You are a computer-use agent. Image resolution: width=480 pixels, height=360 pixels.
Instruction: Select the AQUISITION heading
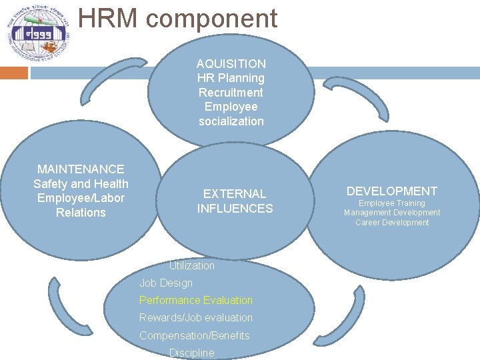231,64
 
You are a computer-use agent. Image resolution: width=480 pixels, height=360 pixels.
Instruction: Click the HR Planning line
231,78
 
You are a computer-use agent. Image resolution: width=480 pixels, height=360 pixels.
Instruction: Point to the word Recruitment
231,93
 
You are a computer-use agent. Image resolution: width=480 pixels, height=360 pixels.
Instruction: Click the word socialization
231,121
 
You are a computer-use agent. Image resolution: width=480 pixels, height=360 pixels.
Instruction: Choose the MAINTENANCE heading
81,169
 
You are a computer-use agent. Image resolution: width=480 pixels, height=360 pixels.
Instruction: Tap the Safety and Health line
81,183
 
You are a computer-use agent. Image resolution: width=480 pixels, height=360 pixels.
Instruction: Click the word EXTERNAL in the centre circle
235,194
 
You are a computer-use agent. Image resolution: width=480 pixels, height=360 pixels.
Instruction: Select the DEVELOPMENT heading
392,191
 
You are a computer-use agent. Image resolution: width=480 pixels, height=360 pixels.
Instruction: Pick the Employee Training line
392,203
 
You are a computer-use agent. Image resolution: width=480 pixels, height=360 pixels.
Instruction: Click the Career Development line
392,223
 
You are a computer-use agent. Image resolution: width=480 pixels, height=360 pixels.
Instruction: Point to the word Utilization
191,265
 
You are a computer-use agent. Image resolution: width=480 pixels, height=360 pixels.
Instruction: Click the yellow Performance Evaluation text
196,300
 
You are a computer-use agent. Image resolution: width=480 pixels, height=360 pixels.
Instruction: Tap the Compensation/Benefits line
195,335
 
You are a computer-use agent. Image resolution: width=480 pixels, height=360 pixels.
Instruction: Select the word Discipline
192,353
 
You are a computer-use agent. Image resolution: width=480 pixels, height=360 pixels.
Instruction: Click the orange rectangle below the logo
14,73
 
